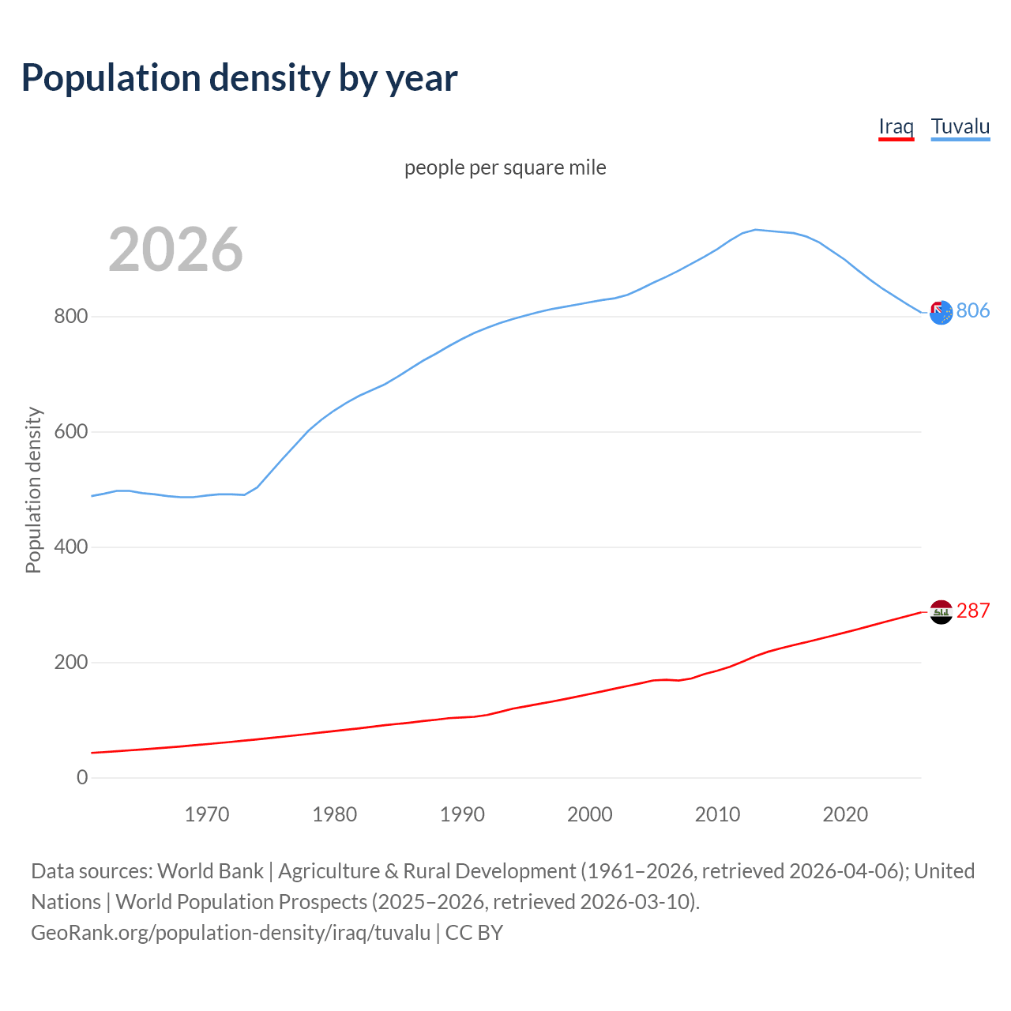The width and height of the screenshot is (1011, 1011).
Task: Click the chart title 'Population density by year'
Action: point(239,78)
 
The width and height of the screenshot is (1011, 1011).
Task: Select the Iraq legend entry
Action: point(896,126)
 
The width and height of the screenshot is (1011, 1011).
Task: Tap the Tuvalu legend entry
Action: point(960,126)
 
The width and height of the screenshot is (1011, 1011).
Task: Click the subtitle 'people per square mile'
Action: point(505,167)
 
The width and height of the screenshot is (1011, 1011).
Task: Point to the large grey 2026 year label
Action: point(175,250)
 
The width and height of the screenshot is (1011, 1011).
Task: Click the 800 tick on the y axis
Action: point(70,317)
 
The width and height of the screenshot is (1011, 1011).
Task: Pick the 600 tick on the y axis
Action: point(70,432)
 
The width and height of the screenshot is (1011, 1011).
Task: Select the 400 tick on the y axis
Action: point(70,547)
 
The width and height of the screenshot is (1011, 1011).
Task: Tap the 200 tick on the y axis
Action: point(70,663)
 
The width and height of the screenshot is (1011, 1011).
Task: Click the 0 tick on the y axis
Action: point(82,778)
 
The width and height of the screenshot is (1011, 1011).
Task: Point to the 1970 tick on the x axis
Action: point(207,814)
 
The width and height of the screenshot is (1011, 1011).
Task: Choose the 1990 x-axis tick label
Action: point(462,814)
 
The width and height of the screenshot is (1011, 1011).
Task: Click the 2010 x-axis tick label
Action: point(717,814)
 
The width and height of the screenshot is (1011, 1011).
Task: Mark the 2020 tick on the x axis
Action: point(845,814)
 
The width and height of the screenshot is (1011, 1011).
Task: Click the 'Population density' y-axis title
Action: point(33,490)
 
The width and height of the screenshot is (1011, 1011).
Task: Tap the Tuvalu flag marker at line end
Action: point(941,313)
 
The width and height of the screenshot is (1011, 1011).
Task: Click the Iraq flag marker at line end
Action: point(941,612)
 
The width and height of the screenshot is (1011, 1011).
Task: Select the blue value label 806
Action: point(972,311)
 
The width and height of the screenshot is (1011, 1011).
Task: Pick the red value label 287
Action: point(972,611)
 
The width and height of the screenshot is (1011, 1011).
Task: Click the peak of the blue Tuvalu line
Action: point(755,230)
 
